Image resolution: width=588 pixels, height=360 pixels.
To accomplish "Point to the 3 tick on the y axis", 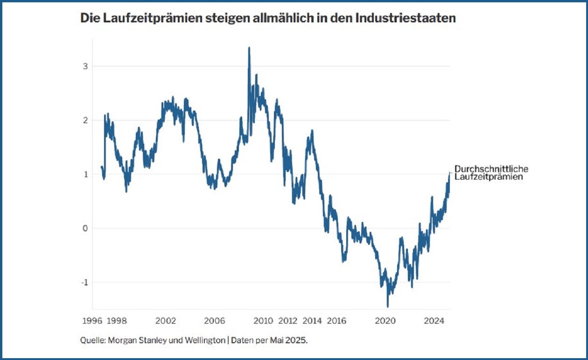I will click(85, 66).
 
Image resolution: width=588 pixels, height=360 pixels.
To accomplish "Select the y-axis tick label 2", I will click(85, 120).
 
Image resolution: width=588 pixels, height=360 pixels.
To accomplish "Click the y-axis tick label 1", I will click(85, 174).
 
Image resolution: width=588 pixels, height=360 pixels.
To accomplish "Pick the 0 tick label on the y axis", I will click(85, 228).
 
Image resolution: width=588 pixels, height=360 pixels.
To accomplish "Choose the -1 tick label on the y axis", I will click(84, 283).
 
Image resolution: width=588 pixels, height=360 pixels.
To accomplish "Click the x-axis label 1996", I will click(92, 321).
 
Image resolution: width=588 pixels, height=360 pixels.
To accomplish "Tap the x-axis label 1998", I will click(117, 321).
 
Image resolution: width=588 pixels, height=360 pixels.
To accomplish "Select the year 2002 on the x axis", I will click(166, 321).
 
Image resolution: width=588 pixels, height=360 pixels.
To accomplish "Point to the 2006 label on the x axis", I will click(215, 321).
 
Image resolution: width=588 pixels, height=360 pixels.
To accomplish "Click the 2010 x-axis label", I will click(263, 321).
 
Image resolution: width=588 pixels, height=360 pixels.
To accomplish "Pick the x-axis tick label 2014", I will click(312, 321).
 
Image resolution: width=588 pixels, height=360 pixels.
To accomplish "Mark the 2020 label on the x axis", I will click(385, 321).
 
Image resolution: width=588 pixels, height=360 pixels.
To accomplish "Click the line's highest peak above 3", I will click(249, 48).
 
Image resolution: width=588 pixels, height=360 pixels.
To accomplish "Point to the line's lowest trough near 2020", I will click(388, 306).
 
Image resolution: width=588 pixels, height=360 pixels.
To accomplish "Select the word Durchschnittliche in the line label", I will click(491, 169).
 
